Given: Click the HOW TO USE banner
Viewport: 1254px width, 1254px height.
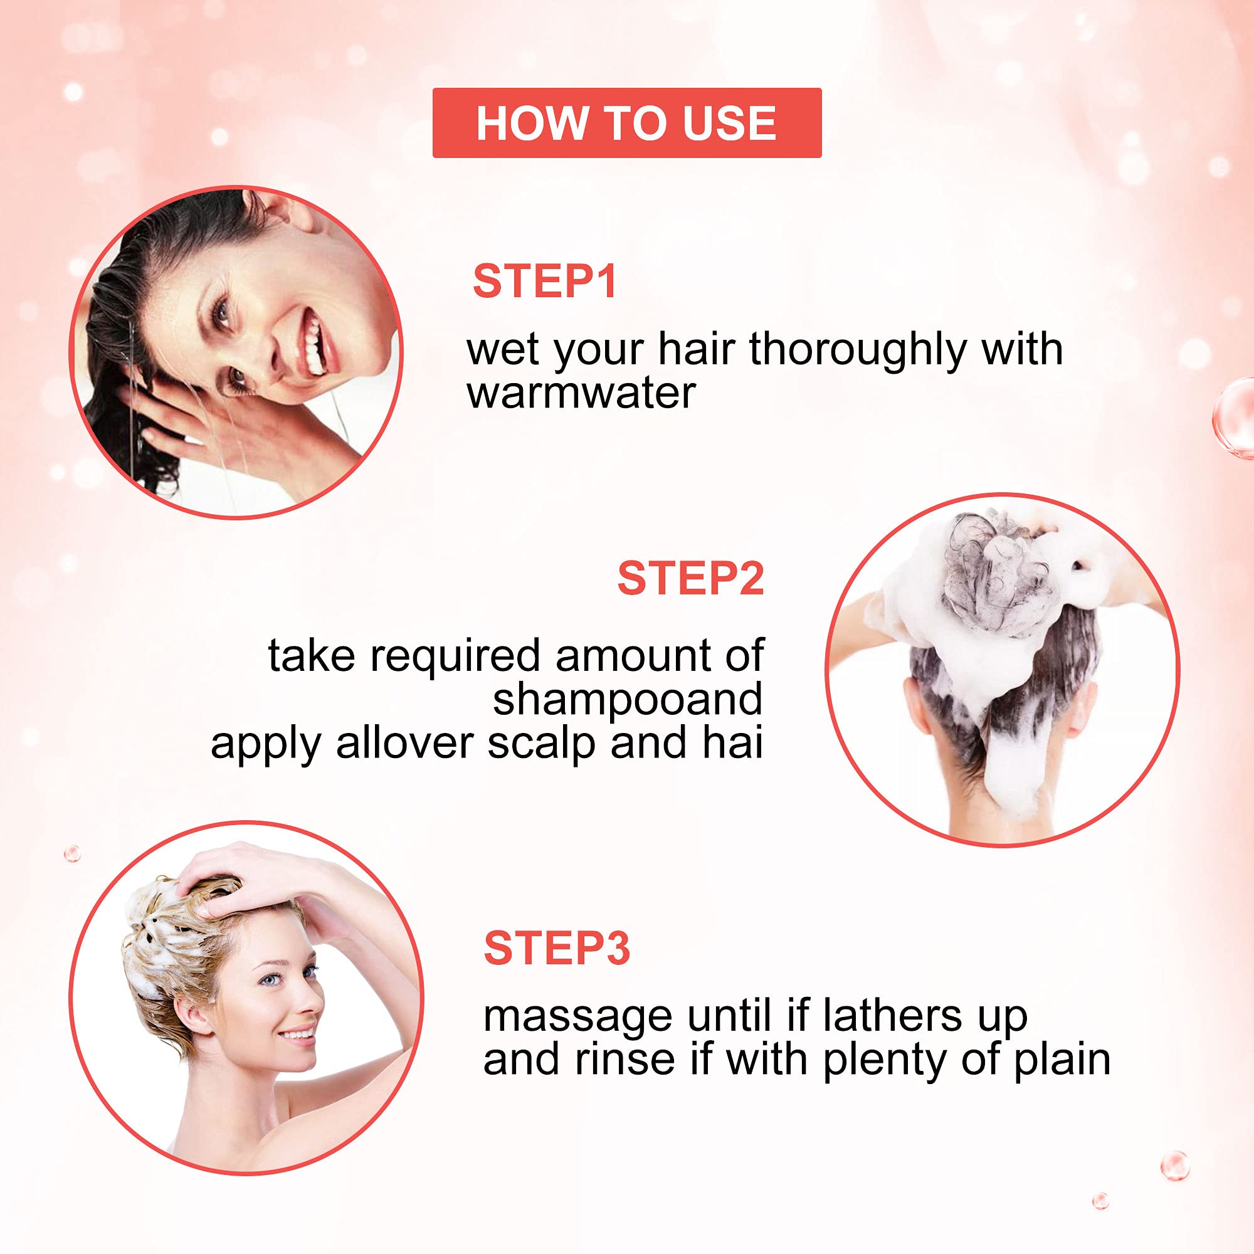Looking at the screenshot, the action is click(x=627, y=123).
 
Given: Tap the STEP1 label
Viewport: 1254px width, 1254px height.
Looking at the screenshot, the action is click(x=545, y=282).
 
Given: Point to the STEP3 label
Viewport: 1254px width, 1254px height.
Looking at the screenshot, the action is click(x=557, y=948).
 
